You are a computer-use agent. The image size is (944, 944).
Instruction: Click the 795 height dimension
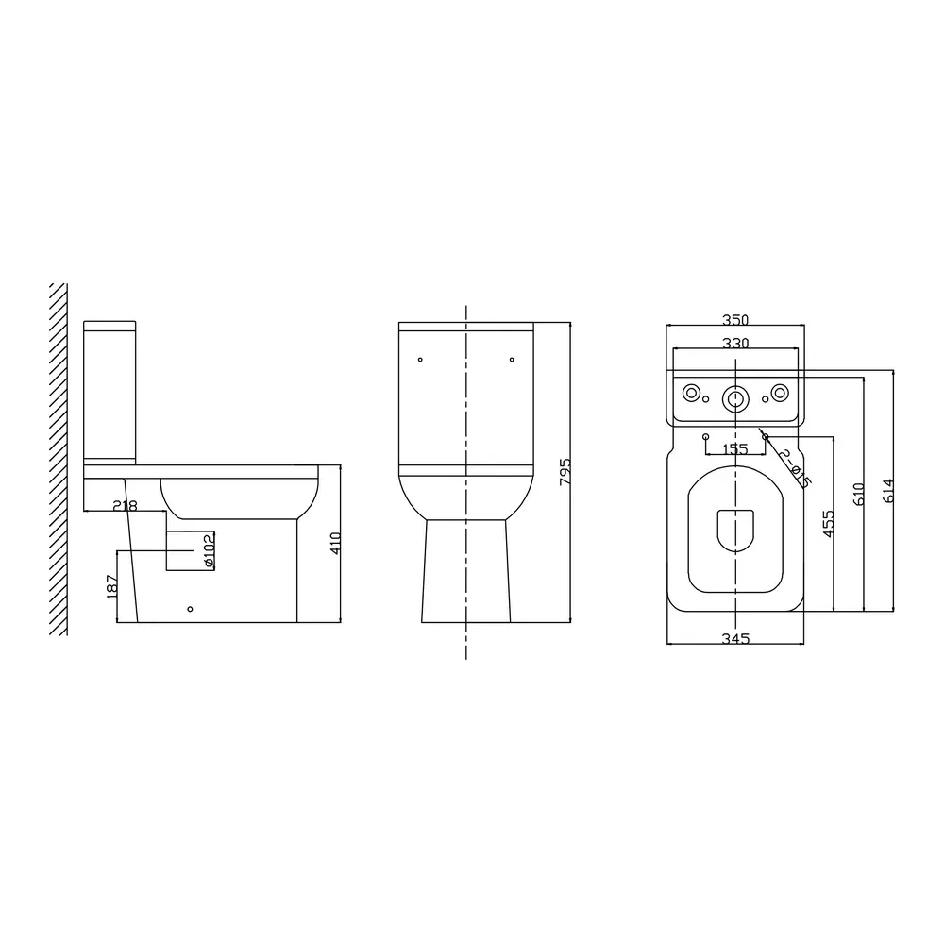pos(565,472)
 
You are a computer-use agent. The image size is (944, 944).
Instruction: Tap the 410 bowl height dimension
pos(336,543)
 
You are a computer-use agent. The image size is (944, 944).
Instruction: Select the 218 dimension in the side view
pos(126,506)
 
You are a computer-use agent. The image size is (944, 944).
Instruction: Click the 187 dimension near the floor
pos(111,586)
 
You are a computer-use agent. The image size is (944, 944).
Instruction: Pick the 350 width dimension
pos(735,320)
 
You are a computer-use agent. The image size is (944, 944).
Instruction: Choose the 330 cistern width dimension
pos(735,343)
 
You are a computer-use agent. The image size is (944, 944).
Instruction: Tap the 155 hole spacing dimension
pos(734,449)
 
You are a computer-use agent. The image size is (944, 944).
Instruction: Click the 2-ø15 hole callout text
pos(795,468)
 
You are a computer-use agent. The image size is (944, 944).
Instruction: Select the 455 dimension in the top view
pos(829,523)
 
